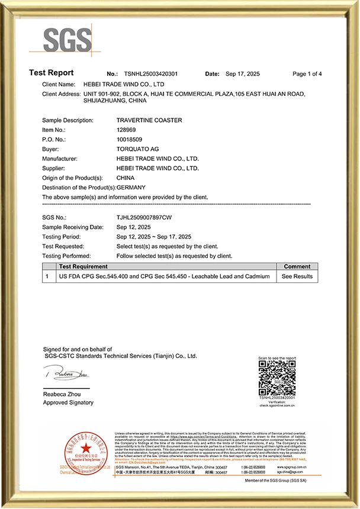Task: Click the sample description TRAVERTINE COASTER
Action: click(149, 120)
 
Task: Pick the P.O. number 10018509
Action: click(130, 140)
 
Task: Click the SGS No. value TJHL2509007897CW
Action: click(144, 218)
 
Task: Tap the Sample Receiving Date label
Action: click(73, 227)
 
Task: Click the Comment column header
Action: click(297, 267)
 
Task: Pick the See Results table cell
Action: click(297, 276)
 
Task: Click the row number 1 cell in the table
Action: click(47, 276)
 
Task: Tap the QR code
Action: click(277, 378)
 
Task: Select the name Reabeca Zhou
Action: click(63, 394)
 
